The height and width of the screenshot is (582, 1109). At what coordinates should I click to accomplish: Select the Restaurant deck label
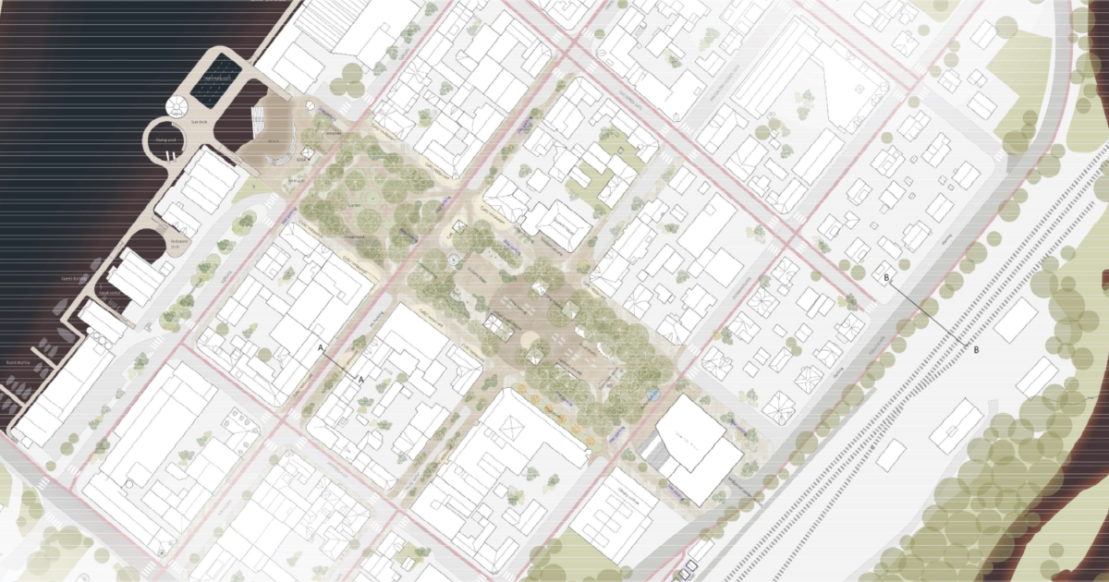click(177, 242)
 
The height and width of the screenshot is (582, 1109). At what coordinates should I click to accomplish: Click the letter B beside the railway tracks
click(977, 350)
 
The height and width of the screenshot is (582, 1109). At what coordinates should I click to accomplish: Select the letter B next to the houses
click(886, 277)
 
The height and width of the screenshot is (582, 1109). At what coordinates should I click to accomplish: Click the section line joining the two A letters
click(341, 363)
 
